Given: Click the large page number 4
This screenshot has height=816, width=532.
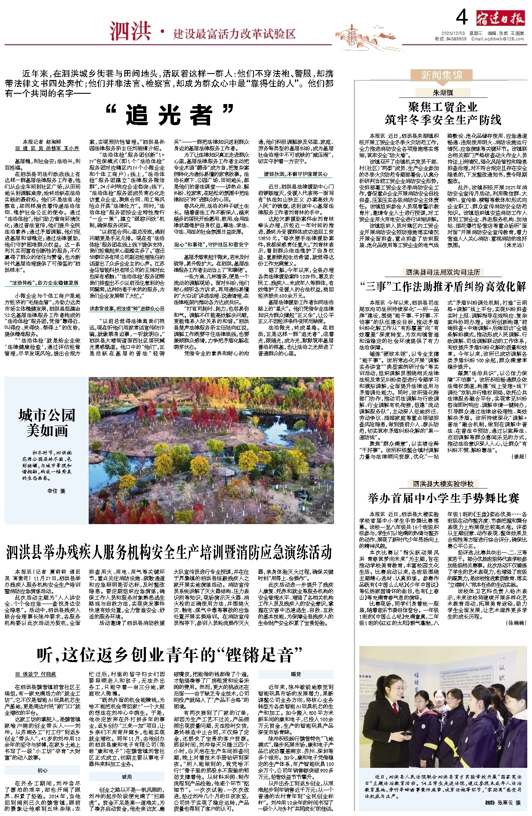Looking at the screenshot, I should pos(461,18).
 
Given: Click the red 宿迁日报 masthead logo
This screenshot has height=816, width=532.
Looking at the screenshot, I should pos(500,19).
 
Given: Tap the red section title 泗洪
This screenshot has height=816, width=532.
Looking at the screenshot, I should pos(130,31).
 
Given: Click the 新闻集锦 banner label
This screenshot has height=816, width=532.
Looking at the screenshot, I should pos(441,75).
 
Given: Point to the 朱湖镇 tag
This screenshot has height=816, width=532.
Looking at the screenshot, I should pos(442,92).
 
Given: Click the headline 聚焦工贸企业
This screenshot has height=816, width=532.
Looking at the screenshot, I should pos(442,107).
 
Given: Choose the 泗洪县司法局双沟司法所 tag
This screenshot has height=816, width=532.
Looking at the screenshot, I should pos(443,272).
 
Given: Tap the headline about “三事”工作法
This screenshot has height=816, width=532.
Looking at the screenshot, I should pos(443,287).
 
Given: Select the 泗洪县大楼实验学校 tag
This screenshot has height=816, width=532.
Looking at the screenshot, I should pos(443,484).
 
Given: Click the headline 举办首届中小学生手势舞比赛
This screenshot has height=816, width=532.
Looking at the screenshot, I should pos(443,498).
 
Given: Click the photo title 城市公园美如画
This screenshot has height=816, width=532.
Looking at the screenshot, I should pos(46,423).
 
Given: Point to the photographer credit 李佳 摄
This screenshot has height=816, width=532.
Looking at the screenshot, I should pos(56,491).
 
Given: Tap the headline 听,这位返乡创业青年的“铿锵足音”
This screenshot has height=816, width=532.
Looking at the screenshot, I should pos(169,655).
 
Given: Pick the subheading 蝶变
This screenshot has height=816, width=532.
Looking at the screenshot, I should pos(296,674).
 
